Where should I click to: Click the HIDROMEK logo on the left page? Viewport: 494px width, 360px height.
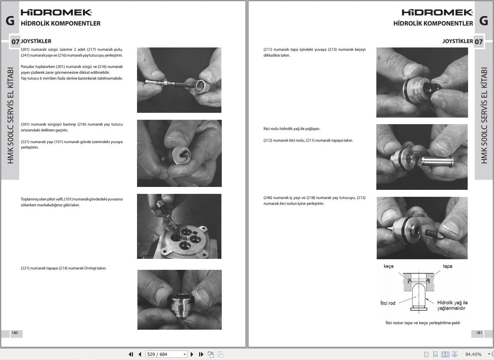pos(56,12)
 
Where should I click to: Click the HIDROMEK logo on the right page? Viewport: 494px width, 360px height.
pos(437,12)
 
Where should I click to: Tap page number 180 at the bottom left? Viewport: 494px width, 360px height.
pos(15,333)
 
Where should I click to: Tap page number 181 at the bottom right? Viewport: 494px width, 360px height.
pos(479,333)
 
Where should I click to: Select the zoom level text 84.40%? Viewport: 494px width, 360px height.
pos(473,354)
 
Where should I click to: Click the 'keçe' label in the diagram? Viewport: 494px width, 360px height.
pos(388,266)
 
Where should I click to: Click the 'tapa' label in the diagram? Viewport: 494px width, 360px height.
pos(447,266)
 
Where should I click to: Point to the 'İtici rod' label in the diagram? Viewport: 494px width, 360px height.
pos(388,303)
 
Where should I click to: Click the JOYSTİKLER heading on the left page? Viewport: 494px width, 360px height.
pos(36,41)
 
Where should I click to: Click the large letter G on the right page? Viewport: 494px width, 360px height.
pos(483,21)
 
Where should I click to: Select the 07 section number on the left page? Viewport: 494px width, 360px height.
pos(15,42)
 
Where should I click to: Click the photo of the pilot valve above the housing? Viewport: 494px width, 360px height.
pos(179,226)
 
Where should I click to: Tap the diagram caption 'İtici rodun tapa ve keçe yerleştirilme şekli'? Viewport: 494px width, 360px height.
pos(422,323)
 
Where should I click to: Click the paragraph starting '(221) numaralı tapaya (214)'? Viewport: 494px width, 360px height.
pos(64,268)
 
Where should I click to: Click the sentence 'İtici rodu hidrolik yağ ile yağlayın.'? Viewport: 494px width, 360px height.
pos(292,129)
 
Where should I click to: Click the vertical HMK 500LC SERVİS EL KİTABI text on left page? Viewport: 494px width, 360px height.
pos(10,115)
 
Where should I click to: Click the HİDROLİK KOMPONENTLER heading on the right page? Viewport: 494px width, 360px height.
pos(433,23)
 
